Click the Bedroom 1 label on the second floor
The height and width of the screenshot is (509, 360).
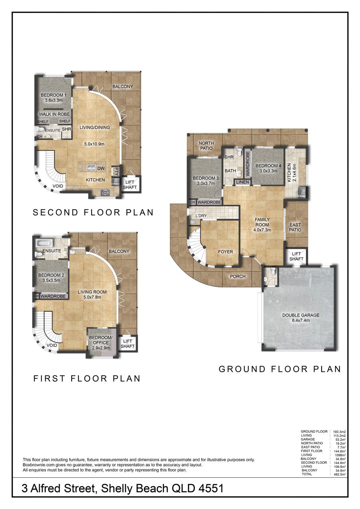[52, 98]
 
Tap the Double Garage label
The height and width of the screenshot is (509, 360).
[301, 318]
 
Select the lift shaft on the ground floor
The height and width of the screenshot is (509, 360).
[296, 257]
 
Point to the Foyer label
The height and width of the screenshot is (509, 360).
[225, 252]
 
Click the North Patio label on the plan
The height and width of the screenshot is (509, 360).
[206, 146]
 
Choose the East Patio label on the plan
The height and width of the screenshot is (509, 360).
[295, 227]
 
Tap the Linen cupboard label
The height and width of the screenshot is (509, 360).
[242, 182]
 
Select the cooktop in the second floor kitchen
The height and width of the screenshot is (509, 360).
[105, 193]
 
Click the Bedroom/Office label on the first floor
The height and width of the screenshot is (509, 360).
[101, 343]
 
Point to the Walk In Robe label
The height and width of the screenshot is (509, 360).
[54, 114]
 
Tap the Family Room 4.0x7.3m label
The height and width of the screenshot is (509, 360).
[262, 224]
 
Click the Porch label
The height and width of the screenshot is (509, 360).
[238, 277]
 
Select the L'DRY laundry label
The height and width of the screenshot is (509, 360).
[201, 216]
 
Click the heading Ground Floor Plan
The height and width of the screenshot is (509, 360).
[280, 369]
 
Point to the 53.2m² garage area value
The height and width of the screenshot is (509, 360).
[340, 439]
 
